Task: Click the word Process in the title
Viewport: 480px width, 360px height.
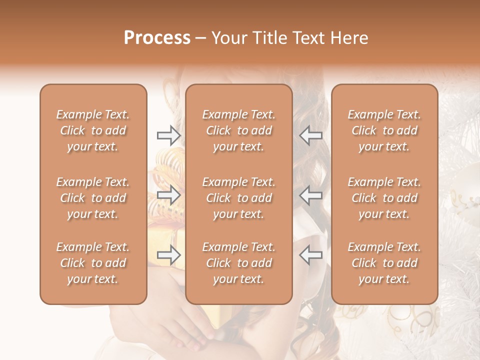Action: pos(157,38)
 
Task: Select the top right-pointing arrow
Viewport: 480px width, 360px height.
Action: pos(168,135)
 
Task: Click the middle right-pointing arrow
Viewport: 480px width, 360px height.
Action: pos(168,195)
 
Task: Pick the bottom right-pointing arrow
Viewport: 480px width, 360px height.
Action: pos(168,255)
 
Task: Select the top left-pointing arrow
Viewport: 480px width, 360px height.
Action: pos(311,135)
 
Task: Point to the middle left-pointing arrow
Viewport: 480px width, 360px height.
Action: pos(311,195)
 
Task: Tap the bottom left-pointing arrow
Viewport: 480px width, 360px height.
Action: pos(311,255)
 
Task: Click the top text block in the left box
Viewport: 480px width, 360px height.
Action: pos(93,130)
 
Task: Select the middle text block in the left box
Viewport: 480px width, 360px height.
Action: pos(93,198)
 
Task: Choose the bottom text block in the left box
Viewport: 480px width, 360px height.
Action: pos(93,263)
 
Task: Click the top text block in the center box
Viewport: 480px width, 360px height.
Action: pos(238,130)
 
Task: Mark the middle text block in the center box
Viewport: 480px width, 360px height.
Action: pos(238,198)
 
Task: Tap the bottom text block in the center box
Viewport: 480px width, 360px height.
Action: pos(238,263)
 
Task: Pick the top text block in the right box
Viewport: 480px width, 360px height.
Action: pos(384,130)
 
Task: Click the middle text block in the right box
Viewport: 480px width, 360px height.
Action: pos(384,198)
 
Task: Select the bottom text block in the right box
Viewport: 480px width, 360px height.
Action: pos(384,263)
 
